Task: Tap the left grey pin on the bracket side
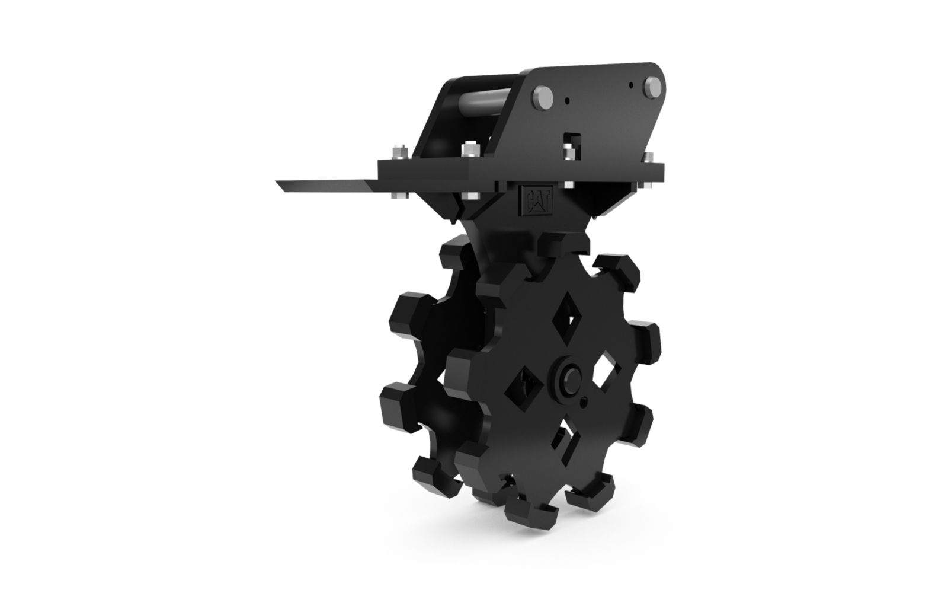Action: pyautogui.click(x=543, y=98)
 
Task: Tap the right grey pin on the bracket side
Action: pyautogui.click(x=652, y=88)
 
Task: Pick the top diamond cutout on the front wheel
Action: pyautogui.click(x=566, y=323)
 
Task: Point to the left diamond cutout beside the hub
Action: pyautogui.click(x=524, y=388)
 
